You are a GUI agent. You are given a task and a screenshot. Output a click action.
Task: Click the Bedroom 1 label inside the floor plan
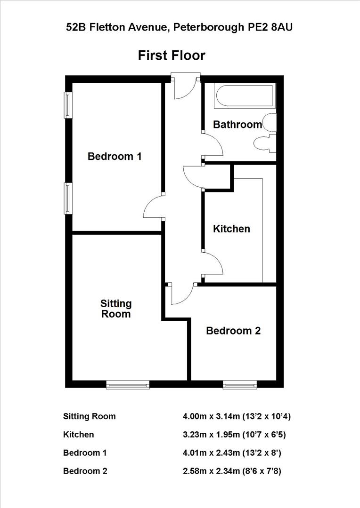coord(115,156)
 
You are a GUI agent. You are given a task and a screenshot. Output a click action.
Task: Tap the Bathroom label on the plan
coord(237,125)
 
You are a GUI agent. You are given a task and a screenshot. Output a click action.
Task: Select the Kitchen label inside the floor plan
coord(231,229)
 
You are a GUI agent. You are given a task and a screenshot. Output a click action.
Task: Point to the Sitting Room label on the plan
coord(116,309)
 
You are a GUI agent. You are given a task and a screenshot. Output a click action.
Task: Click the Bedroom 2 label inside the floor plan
coord(233,331)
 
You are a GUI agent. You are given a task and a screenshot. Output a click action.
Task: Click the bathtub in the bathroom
coord(244,95)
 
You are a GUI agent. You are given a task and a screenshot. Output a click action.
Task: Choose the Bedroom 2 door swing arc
coord(183,294)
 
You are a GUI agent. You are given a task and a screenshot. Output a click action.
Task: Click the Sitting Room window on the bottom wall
coord(128,385)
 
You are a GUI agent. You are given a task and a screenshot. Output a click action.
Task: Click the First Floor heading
coord(172,56)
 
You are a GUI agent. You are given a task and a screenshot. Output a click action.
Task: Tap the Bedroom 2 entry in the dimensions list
coord(85,471)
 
